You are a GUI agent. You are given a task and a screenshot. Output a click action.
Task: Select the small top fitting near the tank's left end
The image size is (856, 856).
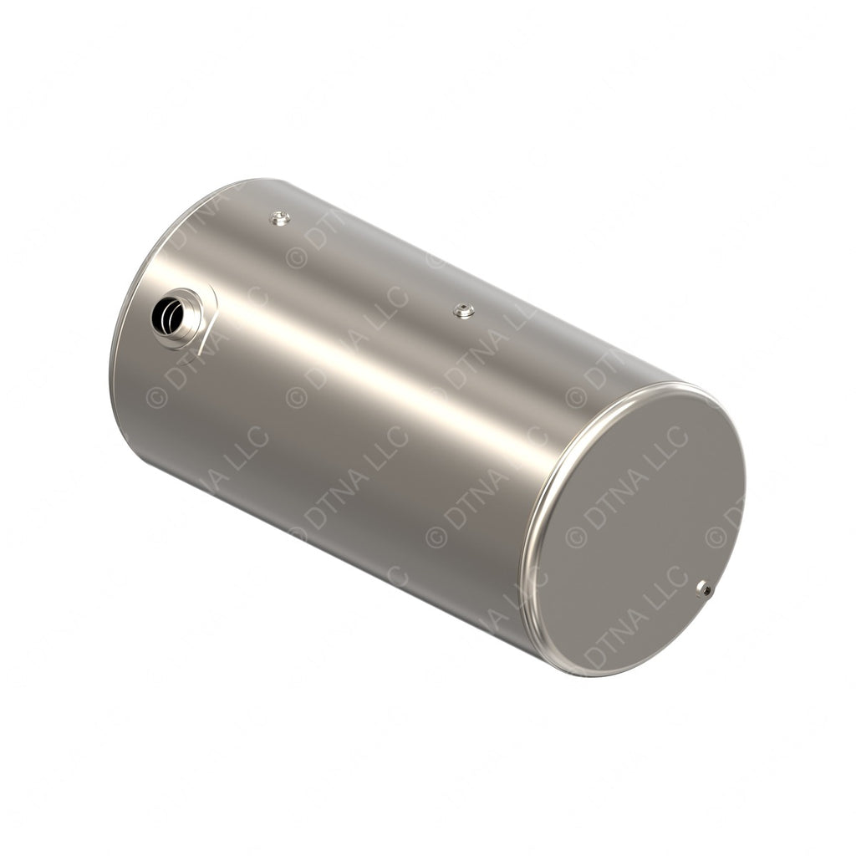click(x=281, y=218)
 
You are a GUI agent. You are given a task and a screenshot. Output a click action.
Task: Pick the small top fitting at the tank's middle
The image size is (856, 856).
click(x=464, y=311)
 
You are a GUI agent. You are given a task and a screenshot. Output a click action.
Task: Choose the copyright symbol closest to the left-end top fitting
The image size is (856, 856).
click(x=297, y=257)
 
